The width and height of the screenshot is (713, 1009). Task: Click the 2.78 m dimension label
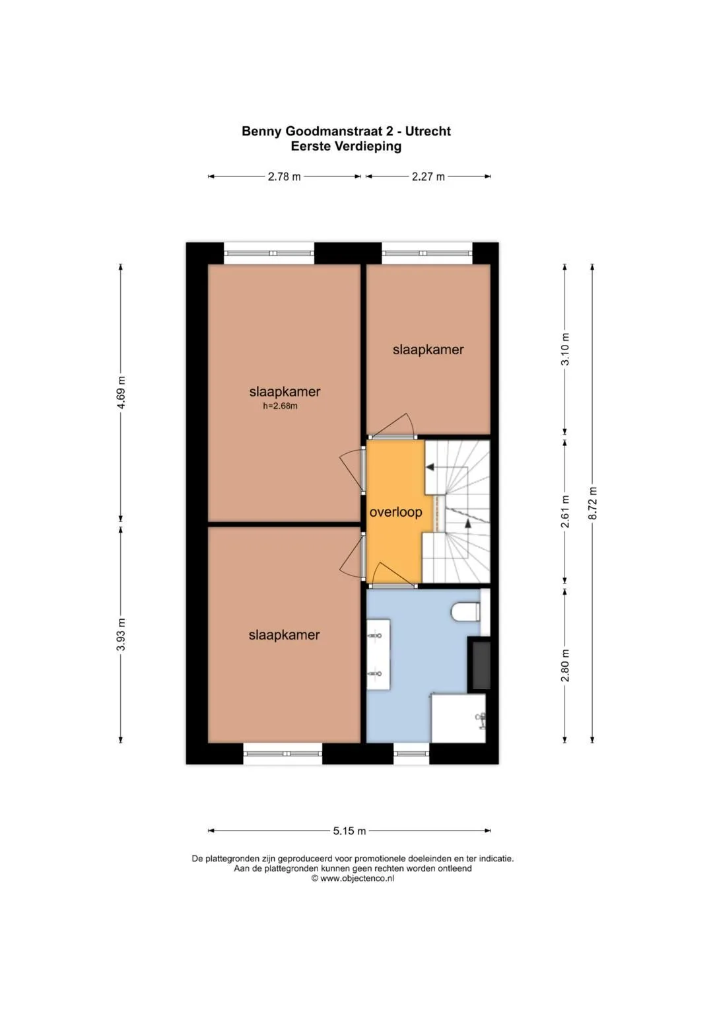[284, 176]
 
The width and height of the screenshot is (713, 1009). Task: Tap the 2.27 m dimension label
[428, 176]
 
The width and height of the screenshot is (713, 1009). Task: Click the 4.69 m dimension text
[121, 392]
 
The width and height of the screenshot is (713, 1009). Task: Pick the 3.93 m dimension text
[121, 634]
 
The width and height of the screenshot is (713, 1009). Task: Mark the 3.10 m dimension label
[565, 349]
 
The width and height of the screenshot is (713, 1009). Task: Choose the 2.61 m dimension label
[565, 511]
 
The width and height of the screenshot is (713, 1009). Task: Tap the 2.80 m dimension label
[565, 665]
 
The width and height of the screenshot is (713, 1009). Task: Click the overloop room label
[395, 513]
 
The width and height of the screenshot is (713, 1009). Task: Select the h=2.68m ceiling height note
[280, 406]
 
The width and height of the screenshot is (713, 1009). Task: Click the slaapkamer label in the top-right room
[428, 350]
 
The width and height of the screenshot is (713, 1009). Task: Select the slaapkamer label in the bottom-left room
[284, 635]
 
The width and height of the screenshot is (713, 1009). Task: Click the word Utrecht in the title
[428, 131]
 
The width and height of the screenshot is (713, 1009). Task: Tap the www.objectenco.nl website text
[357, 878]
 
